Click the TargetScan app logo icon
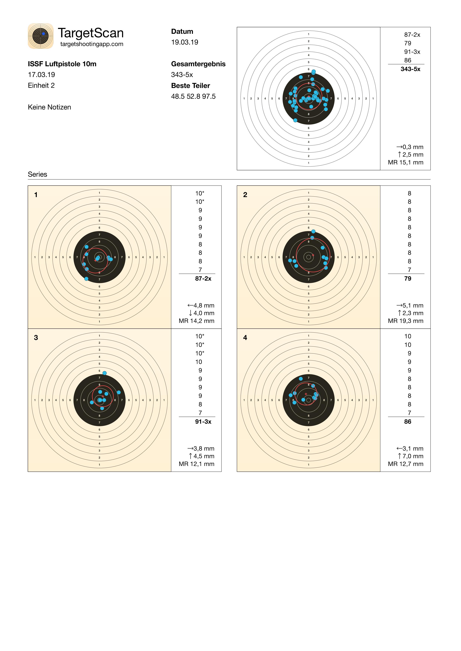[41, 36]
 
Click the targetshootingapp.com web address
[92, 44]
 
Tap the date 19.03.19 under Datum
[185, 42]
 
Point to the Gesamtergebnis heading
[198, 64]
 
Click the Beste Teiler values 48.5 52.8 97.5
[193, 96]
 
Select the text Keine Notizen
[49, 107]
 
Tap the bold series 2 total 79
[408, 279]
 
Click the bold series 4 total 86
[408, 422]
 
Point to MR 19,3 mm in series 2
[406, 321]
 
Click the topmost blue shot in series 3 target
[104, 373]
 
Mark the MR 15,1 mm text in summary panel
[406, 162]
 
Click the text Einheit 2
[41, 86]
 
